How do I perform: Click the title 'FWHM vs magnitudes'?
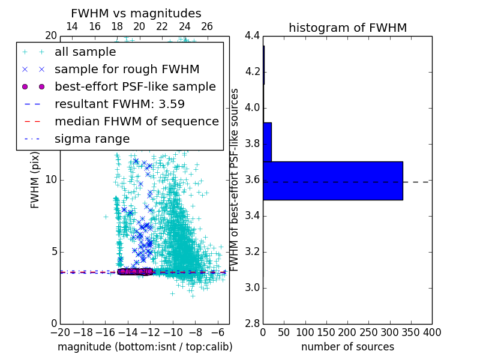pyautogui.click(x=136, y=13)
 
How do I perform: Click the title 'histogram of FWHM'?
pyautogui.click(x=347, y=28)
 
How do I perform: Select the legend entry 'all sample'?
pyautogui.click(x=85, y=52)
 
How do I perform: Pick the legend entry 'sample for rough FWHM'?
pyautogui.click(x=127, y=69)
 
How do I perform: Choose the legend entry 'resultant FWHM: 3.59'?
pyautogui.click(x=119, y=104)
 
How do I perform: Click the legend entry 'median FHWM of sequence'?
pyautogui.click(x=136, y=121)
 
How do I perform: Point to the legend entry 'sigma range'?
pyautogui.click(x=92, y=139)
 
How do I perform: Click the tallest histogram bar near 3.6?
pyautogui.click(x=332, y=181)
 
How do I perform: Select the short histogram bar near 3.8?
pyautogui.click(x=267, y=142)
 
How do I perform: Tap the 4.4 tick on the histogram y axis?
pyautogui.click(x=252, y=35)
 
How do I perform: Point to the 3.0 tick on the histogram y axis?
pyautogui.click(x=252, y=287)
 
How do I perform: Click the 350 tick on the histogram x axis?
pyautogui.click(x=411, y=332)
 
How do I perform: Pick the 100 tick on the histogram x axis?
pyautogui.click(x=305, y=332)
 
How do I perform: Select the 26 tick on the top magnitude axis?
pyautogui.click(x=207, y=26)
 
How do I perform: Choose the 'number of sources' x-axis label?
pyautogui.click(x=347, y=347)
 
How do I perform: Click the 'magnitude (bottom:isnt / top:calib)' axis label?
pyautogui.click(x=145, y=347)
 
